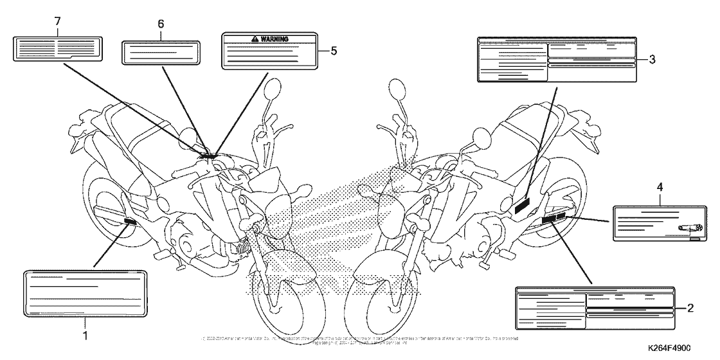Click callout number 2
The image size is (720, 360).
pos(690,308)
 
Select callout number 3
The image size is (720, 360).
pos(651,60)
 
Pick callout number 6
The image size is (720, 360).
pos(161,24)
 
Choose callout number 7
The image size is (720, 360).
pos(57,21)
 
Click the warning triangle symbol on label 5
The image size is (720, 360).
pos(255,39)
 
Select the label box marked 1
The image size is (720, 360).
pos(85,294)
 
